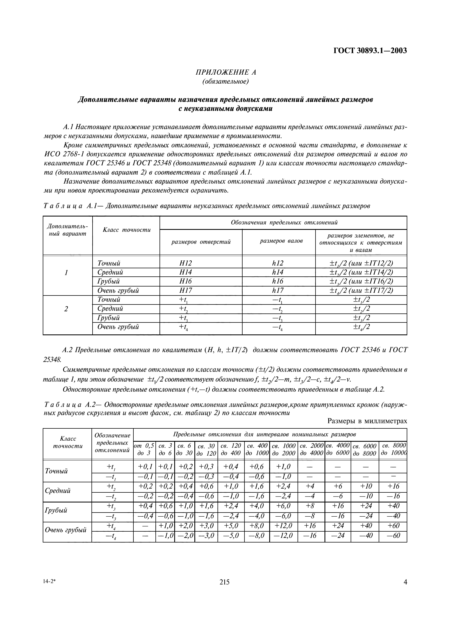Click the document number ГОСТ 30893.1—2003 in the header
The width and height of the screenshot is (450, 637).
point(370,51)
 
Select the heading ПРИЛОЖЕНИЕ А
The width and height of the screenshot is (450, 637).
point(226,72)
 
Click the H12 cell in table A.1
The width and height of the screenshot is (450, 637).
point(185,263)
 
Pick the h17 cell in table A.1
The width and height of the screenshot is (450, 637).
point(278,291)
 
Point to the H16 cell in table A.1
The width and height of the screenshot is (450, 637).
point(185,281)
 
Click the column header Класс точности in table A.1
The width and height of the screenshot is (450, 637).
point(127,230)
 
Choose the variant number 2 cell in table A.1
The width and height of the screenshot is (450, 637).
point(66,309)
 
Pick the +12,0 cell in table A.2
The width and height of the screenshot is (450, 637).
point(283,526)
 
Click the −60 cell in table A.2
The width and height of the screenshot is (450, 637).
point(393,535)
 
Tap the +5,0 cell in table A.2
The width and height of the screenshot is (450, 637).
point(231,526)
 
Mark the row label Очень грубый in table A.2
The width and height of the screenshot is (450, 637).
point(66,530)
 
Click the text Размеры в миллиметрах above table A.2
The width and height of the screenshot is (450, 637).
point(367,421)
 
